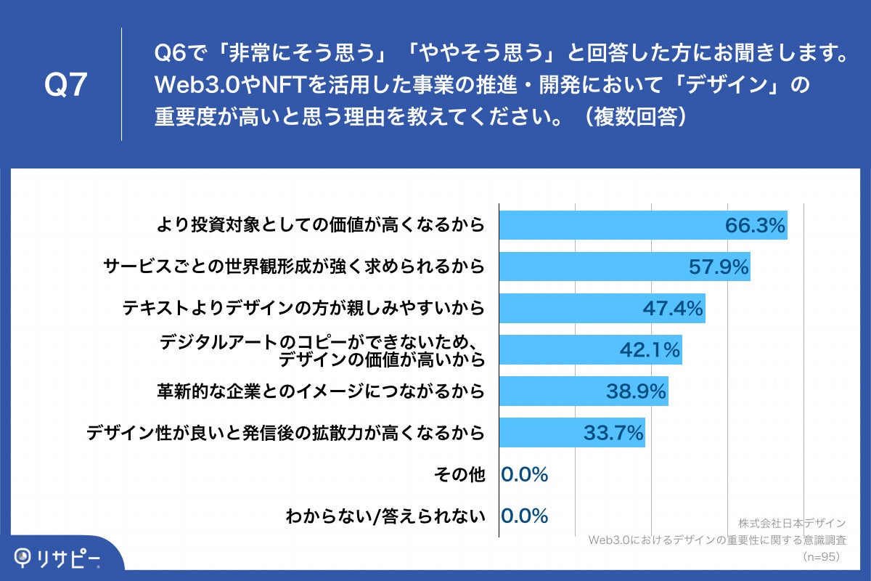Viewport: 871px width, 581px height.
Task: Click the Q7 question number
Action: click(x=66, y=85)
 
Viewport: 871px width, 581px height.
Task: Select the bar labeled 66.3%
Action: click(x=643, y=225)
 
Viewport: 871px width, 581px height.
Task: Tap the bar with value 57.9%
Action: click(x=624, y=267)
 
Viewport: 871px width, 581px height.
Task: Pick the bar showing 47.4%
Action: click(x=602, y=309)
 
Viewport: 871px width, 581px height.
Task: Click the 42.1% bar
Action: click(x=590, y=350)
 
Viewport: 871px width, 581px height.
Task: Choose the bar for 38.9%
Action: click(x=584, y=391)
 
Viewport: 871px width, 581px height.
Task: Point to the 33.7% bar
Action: click(x=572, y=433)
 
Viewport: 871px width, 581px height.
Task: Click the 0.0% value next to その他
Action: click(x=524, y=475)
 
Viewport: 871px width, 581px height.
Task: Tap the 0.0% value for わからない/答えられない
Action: click(x=524, y=516)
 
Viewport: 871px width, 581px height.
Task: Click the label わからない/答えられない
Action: click(x=385, y=516)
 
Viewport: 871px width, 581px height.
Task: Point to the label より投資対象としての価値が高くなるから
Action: click(x=320, y=225)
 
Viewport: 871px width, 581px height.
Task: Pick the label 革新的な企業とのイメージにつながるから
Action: click(x=320, y=391)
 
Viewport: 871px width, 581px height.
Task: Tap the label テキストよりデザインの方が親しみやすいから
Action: click(x=303, y=309)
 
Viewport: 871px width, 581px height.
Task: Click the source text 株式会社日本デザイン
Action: click(x=793, y=523)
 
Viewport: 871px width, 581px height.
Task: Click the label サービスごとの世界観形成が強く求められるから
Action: click(x=293, y=267)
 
